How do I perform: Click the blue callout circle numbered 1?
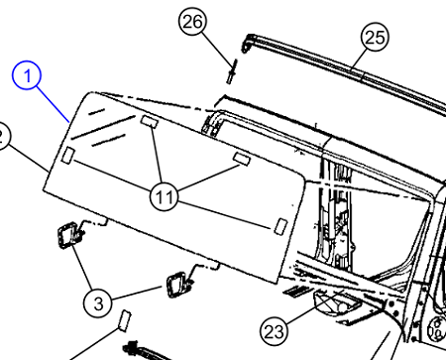[x=27, y=75]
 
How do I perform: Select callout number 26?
[x=192, y=22]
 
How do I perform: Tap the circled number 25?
[x=375, y=37]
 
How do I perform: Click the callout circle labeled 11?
[x=164, y=196]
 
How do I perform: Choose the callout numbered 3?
[x=98, y=302]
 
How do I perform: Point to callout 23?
[x=275, y=331]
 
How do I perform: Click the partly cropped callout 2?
[x=2, y=136]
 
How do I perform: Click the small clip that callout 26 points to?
[x=232, y=71]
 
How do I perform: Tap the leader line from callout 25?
[x=359, y=60]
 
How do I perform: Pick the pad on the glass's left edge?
[x=68, y=156]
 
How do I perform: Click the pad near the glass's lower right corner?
[x=280, y=226]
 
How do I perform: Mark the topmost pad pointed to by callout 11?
[x=150, y=121]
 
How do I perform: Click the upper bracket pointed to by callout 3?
[x=70, y=235]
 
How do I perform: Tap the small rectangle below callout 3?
[x=125, y=320]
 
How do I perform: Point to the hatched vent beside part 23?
[x=297, y=291]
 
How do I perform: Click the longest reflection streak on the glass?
[x=103, y=127]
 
